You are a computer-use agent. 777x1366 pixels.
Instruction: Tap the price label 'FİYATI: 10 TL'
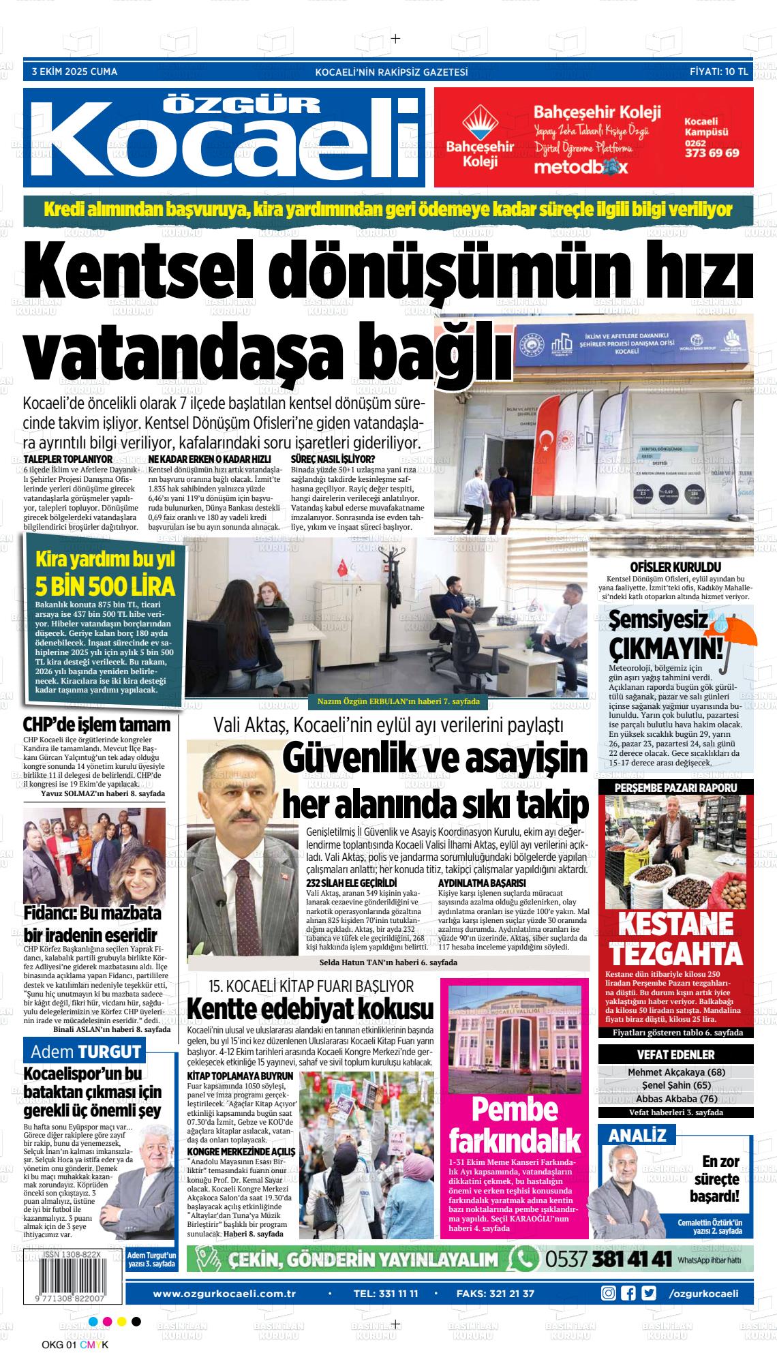point(718,72)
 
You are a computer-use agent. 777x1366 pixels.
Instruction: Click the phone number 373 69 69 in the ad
point(712,153)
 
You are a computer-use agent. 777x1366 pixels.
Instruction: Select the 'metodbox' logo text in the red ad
point(580,167)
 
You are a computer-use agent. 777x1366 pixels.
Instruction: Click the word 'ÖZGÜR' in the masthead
point(243,104)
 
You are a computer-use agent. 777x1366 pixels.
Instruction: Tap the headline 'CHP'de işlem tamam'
point(96,725)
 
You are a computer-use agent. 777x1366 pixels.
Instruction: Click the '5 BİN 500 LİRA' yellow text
point(105,586)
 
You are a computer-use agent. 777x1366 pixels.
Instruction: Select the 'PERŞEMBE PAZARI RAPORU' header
point(675,787)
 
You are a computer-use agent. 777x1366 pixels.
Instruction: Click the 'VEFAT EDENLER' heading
point(675,1054)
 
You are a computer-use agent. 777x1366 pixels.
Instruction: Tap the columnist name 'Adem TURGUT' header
point(85,1051)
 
